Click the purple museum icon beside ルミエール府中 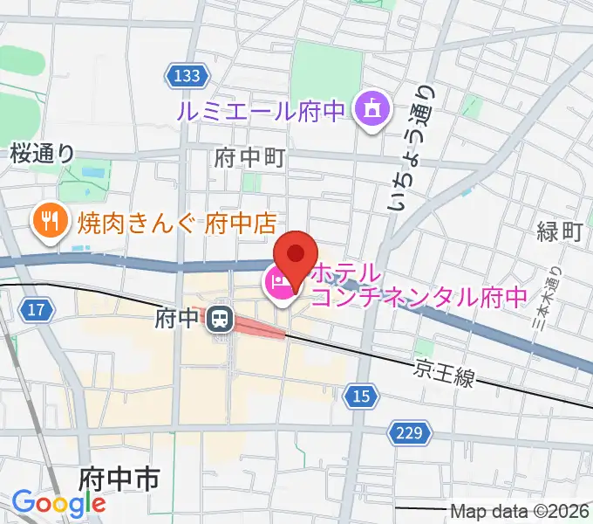click(371, 110)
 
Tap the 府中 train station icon click(219, 320)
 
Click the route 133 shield click(185, 77)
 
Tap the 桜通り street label click(43, 154)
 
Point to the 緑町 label click(559, 231)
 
